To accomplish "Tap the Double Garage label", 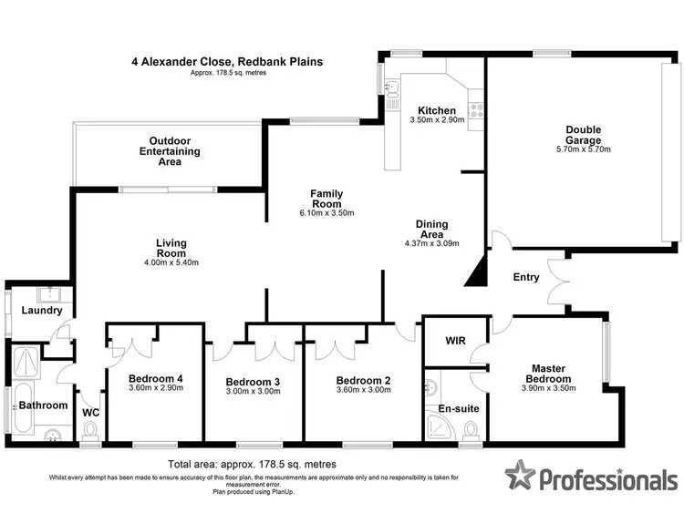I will [582, 135].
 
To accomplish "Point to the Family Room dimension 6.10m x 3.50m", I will [326, 213].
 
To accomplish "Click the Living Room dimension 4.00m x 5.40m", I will [171, 262].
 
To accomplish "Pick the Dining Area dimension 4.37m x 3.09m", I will [431, 243].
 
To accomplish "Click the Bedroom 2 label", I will [363, 380].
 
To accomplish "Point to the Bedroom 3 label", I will [251, 381].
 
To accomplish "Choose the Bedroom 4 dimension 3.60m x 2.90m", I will [155, 388].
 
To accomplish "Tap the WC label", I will [90, 413].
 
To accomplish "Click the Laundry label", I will [42, 311].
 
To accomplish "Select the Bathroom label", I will [44, 405].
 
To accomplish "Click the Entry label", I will [526, 277].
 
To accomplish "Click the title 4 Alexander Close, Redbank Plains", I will [225, 62].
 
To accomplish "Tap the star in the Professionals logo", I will [519, 475].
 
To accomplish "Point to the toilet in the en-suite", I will [471, 428].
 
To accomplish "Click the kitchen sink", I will [390, 88].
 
